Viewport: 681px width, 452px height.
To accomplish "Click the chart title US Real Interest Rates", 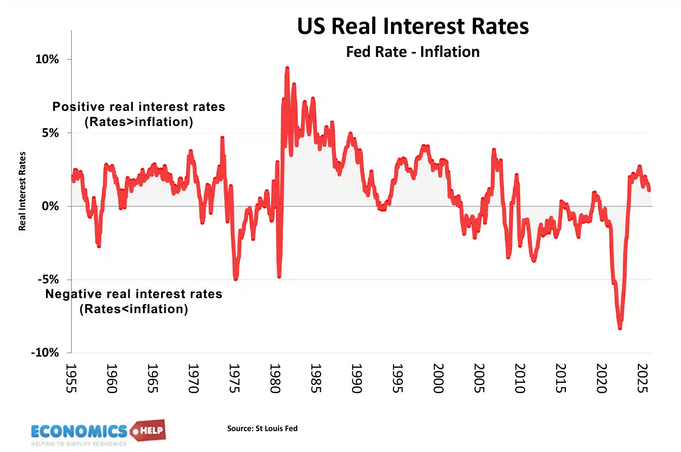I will coord(412,26).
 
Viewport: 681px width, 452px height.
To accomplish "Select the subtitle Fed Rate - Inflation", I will coord(412,52).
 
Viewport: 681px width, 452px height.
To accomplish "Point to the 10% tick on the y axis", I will coord(47,59).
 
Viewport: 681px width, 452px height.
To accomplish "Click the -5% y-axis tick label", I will coord(48,279).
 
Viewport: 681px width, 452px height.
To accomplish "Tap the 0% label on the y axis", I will coord(50,206).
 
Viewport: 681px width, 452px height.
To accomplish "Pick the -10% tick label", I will coord(45,352).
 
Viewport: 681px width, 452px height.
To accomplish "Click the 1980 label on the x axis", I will coord(275,378).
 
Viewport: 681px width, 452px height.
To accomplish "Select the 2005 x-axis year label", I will coord(479,378).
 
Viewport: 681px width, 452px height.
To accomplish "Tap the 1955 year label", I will coord(71,378).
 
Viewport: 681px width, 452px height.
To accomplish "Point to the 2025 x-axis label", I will coord(642,378).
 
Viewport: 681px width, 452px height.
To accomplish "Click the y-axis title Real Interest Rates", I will coord(22,191).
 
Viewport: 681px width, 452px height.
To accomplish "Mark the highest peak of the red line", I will coord(287,68).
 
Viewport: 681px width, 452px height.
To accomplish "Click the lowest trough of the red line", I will coord(620,328).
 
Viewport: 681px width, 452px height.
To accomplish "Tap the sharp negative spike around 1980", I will coord(279,276).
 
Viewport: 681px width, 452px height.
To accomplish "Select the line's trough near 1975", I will coord(236,278).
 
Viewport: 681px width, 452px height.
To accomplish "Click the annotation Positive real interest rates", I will coord(138,107).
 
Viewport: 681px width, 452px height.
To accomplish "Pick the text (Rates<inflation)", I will coord(134,309).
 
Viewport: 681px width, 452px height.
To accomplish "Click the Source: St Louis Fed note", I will coord(262,428).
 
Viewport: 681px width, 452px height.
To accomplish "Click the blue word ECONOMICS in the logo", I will coord(79,431).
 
